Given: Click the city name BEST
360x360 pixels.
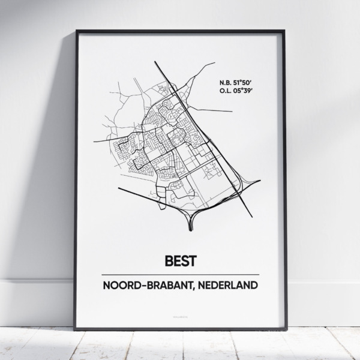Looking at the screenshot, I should (x=180, y=262).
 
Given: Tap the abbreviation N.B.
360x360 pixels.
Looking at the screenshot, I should (x=226, y=82).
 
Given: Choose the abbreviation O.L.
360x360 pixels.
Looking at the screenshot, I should (x=226, y=91).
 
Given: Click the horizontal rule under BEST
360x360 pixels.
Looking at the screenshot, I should (x=180, y=274).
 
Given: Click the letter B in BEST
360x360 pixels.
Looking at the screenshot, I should (x=167, y=262).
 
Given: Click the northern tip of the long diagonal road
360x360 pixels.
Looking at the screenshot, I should (x=155, y=61).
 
